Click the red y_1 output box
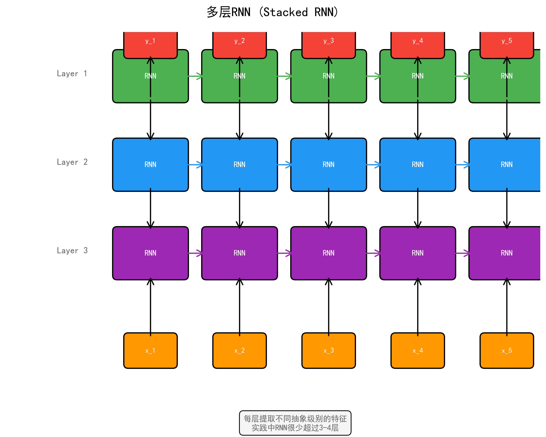[150, 44]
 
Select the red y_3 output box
[328, 44]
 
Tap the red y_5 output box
[507, 44]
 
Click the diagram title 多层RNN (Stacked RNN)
[272, 12]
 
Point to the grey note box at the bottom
[295, 423]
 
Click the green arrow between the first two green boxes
[195, 76]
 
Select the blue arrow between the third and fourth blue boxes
[373, 165]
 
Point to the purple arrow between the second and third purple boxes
[284, 253]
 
